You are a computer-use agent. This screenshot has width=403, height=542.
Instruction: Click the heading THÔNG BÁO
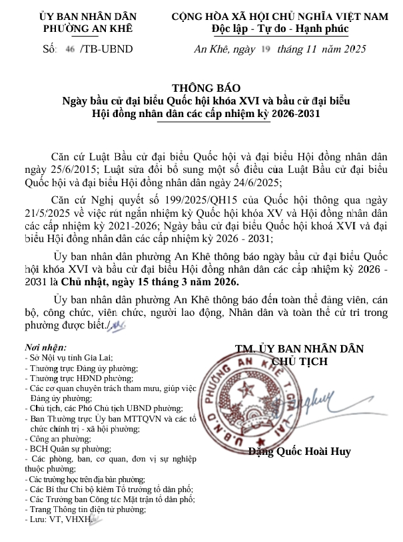click(205, 88)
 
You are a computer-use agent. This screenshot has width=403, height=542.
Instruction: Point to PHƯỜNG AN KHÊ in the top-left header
click(88, 29)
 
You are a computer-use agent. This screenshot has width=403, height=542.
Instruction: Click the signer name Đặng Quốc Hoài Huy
click(300, 452)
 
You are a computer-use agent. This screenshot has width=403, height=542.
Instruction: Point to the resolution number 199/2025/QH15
click(193, 202)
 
